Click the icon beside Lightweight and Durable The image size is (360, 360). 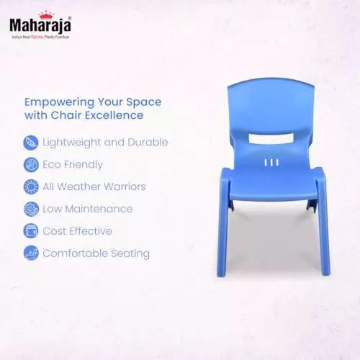point(31,142)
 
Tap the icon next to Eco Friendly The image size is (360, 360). point(31,164)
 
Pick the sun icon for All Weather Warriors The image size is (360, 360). point(31,186)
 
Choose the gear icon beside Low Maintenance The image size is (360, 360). point(31,209)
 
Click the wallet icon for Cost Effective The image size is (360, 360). point(31,231)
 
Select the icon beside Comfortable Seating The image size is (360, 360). point(31,253)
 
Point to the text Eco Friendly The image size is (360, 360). point(73,164)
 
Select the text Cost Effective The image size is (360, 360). point(77,231)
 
